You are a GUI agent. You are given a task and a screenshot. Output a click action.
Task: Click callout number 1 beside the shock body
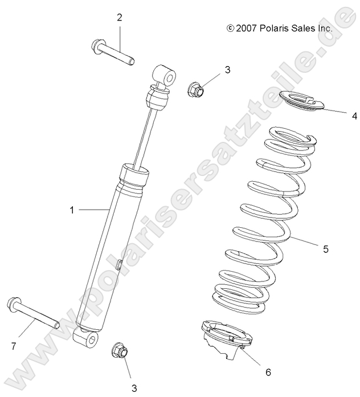(72, 210)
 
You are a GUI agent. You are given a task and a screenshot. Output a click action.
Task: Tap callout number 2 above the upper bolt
(120, 18)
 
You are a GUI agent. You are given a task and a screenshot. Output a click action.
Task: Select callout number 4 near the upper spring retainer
(354, 116)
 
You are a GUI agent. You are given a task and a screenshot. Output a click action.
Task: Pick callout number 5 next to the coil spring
(342, 249)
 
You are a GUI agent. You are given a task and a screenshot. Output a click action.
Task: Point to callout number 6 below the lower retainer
(268, 373)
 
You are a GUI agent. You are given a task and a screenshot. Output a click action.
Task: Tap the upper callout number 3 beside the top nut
(211, 70)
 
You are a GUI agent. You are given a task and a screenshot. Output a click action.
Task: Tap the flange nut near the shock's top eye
(195, 88)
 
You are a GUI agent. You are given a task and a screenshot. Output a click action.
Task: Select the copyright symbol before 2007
(230, 27)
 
